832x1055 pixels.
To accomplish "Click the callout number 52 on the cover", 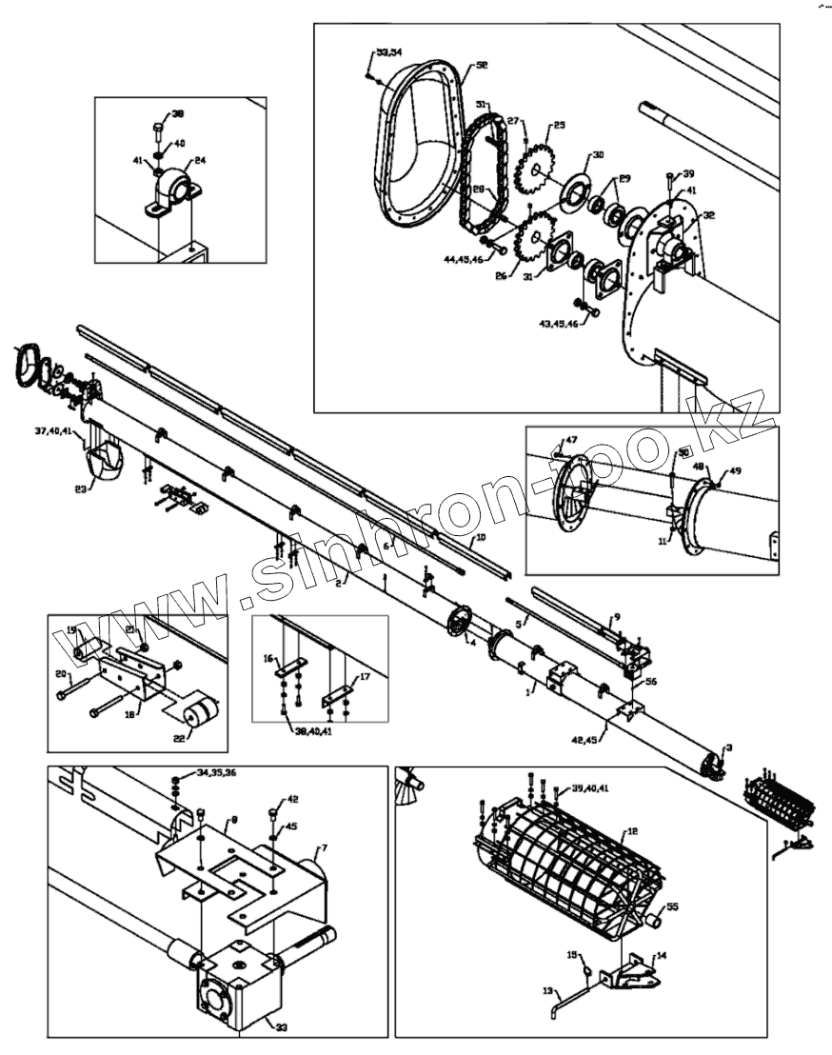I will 482,66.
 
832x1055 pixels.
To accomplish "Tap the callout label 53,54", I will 389,50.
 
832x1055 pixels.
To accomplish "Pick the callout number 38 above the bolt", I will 177,114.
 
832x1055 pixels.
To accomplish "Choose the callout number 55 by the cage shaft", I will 673,907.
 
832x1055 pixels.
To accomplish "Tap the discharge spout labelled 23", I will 103,467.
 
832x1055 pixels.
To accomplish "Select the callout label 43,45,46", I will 560,324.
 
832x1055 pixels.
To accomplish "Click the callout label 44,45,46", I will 462,258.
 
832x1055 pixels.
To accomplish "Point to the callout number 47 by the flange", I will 571,440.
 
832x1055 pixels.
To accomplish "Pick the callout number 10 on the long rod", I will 481,538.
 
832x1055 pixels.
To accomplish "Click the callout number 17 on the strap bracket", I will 364,678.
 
